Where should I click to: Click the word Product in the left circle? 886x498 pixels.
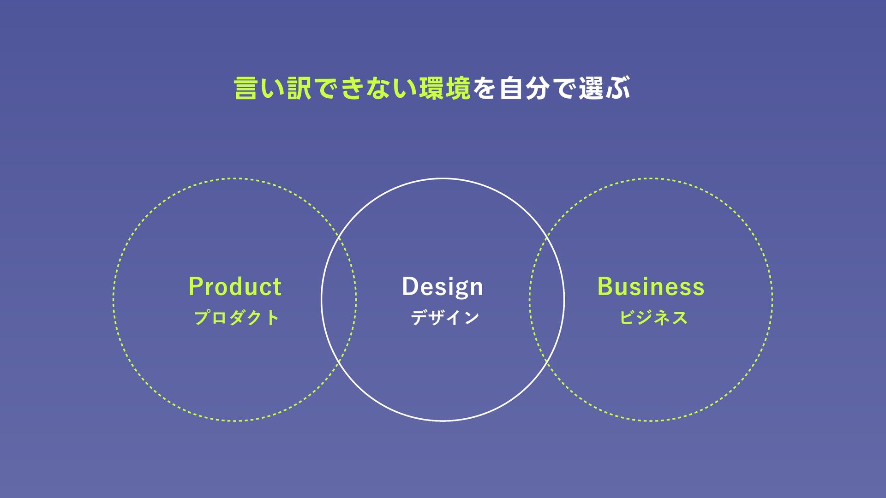click(235, 286)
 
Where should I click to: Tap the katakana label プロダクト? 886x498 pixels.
click(236, 318)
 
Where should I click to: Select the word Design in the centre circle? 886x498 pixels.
click(443, 287)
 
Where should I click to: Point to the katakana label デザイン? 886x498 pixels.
click(445, 318)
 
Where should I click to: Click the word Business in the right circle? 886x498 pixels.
click(651, 286)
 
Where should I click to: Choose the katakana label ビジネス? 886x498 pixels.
click(653, 318)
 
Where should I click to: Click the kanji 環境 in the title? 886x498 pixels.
click(445, 89)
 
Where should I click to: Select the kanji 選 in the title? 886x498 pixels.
click(591, 89)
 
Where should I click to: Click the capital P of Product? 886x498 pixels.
click(196, 286)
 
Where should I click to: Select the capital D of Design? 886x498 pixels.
click(409, 286)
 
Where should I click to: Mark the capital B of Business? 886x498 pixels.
click(605, 286)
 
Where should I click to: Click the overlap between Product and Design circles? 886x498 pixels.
click(339, 300)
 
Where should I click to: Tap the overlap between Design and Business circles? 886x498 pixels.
click(547, 300)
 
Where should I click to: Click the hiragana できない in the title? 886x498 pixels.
click(365, 89)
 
